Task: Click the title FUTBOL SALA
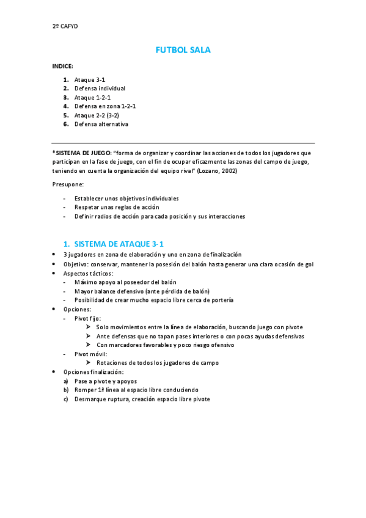(183, 50)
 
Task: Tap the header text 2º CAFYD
(65, 26)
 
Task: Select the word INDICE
(62, 65)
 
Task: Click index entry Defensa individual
(100, 89)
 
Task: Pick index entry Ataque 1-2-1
(92, 97)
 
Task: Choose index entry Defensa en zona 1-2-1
(104, 106)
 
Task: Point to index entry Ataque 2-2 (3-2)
(97, 115)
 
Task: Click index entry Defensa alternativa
(101, 124)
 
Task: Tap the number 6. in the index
(65, 124)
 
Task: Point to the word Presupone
(68, 184)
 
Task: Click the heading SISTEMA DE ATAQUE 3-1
(118, 243)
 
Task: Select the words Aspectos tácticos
(89, 273)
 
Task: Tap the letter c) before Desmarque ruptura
(66, 399)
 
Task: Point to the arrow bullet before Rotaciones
(89, 363)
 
